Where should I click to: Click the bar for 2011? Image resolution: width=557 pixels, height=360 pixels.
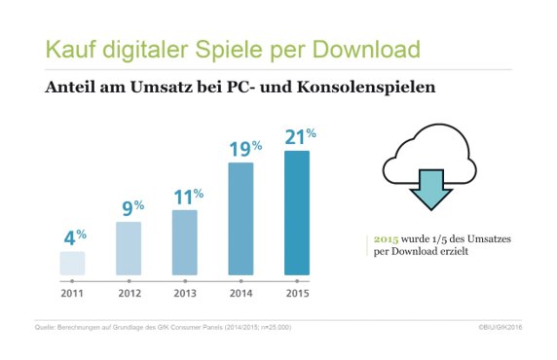(72, 264)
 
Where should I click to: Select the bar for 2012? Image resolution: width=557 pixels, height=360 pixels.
(129, 249)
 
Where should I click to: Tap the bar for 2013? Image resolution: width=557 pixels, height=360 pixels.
(185, 243)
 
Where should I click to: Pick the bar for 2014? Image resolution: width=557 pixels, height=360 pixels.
(241, 219)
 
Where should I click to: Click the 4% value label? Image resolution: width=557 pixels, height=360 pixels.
(74, 236)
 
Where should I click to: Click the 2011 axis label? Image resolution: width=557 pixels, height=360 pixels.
(72, 291)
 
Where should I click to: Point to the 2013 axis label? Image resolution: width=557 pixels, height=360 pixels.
(185, 291)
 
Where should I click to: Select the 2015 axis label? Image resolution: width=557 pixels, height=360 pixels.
(297, 291)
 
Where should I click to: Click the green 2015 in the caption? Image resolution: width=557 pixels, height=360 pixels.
(387, 239)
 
